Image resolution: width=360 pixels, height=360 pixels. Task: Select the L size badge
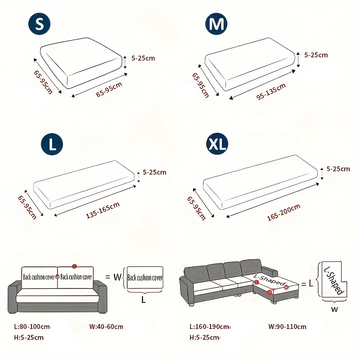click(52, 144)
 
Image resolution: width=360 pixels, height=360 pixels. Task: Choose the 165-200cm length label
click(283, 212)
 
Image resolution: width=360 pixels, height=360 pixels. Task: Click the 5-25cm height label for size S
click(143, 58)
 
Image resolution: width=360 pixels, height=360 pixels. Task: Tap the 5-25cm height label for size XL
click(339, 169)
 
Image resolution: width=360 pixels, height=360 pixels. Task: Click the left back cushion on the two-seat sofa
click(39, 277)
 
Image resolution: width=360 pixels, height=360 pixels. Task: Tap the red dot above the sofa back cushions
click(75, 266)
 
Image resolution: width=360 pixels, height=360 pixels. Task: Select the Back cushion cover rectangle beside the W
click(144, 278)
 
